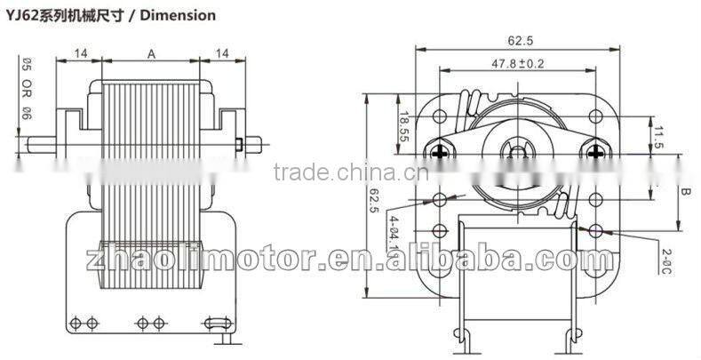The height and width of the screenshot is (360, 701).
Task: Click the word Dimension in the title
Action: pos(178,15)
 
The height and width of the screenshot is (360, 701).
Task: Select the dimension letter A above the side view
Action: pos(151,55)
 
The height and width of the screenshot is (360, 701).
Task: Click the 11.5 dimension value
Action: pos(658,138)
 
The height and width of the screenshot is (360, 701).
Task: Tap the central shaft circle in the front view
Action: pos(515,150)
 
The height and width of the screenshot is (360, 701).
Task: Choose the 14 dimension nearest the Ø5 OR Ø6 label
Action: pos(80,55)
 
